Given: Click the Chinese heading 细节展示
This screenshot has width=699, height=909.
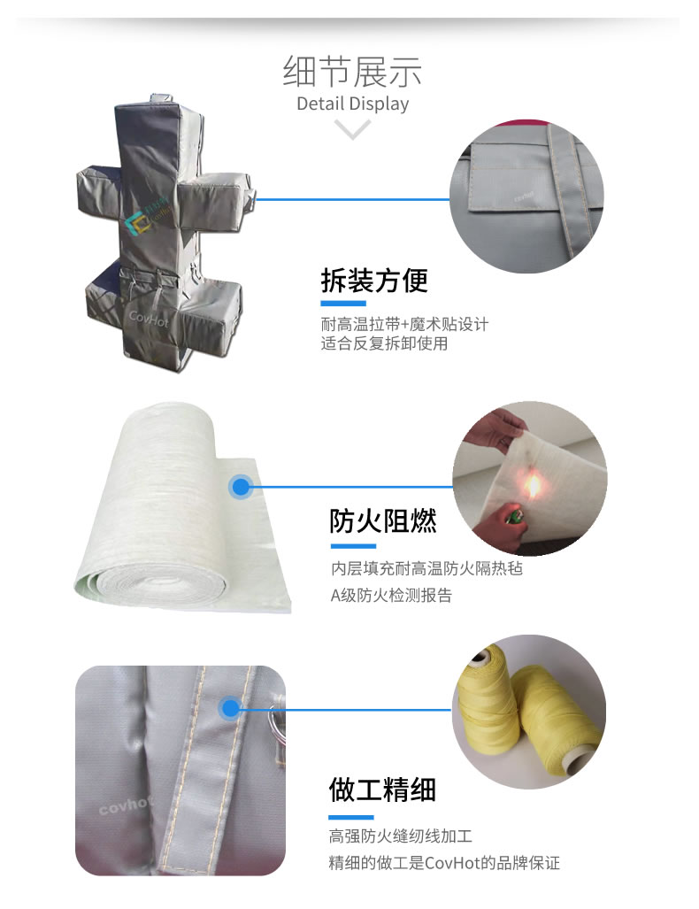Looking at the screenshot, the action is [352, 72].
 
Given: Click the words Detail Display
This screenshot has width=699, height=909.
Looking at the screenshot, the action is [352, 104].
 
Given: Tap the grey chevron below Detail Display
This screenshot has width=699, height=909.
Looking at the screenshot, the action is [352, 128].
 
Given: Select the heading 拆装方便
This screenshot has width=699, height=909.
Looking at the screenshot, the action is [374, 281].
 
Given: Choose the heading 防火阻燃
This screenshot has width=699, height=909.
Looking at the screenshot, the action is [383, 520].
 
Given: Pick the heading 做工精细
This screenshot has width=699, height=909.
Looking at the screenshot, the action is [382, 790].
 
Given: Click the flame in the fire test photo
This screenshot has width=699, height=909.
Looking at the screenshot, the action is [532, 485].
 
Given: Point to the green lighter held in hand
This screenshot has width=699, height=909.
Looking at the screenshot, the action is [513, 515].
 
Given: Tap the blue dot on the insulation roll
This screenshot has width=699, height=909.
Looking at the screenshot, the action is [241, 487].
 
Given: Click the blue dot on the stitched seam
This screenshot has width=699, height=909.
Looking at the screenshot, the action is [231, 708].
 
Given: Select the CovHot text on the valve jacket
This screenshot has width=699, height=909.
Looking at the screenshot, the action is [149, 318].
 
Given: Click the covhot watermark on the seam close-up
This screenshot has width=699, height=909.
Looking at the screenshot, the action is [126, 805].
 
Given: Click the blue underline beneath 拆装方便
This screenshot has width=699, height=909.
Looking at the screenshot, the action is [343, 304].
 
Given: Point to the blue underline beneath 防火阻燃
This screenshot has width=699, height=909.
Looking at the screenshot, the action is [353, 545].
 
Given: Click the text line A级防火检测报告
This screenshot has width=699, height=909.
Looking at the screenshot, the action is [391, 596].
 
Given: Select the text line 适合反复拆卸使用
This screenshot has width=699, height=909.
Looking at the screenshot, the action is [384, 343].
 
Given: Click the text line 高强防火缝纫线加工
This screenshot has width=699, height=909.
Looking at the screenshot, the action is [401, 836].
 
